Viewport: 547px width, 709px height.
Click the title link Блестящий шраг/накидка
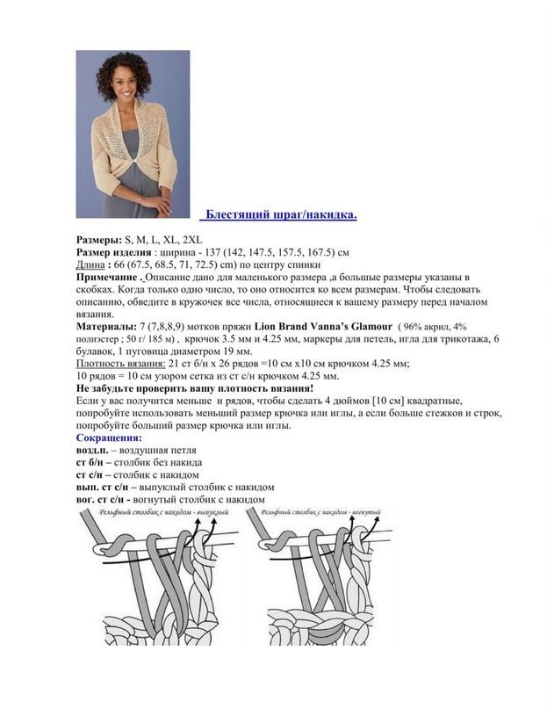(279, 216)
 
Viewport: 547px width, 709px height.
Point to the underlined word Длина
(90, 264)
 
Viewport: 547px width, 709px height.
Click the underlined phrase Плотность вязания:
(120, 363)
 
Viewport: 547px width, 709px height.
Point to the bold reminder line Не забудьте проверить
(194, 387)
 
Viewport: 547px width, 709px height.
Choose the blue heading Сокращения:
(109, 437)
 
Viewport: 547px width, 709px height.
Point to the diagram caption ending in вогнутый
(312, 510)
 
